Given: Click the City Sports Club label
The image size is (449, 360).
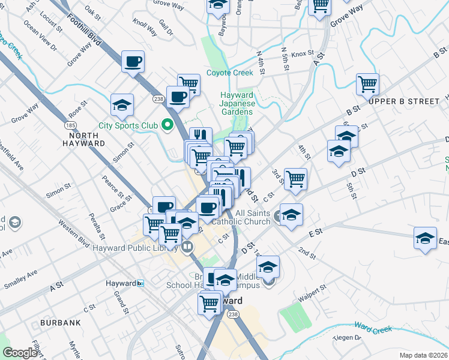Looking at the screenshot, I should [x=128, y=125].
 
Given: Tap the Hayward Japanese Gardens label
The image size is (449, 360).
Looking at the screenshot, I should [x=238, y=103].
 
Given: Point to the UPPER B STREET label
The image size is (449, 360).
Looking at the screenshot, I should [x=404, y=101].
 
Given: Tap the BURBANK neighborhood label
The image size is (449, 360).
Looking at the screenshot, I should [x=61, y=323].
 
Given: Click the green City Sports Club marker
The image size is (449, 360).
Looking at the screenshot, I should [x=167, y=125].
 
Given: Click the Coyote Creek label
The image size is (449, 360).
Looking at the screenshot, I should [x=230, y=73].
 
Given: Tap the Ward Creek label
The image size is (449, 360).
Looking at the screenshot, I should [x=373, y=329].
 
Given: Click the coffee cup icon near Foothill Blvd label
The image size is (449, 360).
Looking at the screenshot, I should [x=133, y=61].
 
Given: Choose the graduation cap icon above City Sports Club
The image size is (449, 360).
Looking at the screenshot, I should [x=122, y=106].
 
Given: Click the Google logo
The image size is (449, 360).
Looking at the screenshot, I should [x=20, y=353].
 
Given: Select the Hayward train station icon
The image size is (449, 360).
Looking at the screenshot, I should [x=140, y=283].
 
